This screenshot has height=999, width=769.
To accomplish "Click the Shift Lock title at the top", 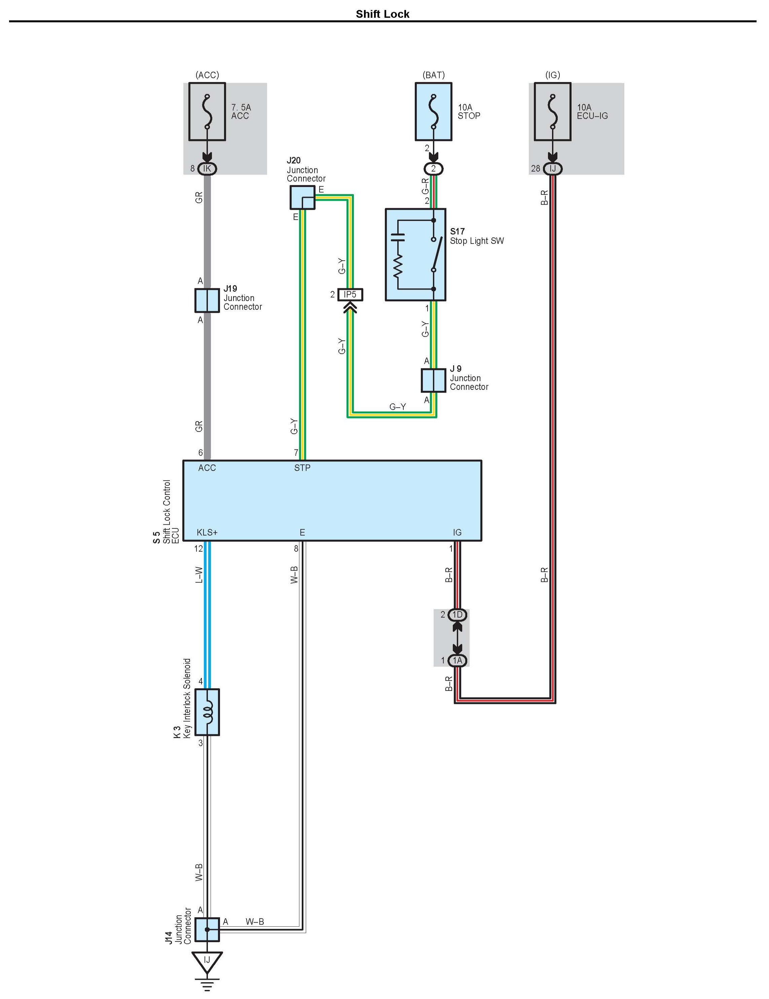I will click(x=382, y=14).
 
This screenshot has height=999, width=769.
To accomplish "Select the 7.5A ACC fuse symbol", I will click(x=207, y=112).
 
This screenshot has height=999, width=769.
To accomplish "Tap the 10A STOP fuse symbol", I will click(x=433, y=112).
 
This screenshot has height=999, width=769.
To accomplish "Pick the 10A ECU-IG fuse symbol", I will click(x=553, y=112).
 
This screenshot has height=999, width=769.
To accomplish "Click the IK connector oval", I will click(x=207, y=169).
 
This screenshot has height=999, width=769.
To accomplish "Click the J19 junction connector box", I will click(x=207, y=300).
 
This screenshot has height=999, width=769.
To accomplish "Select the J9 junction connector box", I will click(x=433, y=380).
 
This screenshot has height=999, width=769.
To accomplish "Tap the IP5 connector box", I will click(x=350, y=295).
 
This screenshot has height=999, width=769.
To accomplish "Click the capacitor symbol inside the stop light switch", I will click(x=398, y=237).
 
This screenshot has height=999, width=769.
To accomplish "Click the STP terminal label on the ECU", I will click(x=302, y=468).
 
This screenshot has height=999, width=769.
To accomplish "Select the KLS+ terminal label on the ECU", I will click(x=207, y=532).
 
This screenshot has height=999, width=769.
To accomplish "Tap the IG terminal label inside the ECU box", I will click(x=457, y=532).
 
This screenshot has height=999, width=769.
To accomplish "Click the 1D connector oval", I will click(x=457, y=615).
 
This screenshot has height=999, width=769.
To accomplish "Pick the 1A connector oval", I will click(x=457, y=661).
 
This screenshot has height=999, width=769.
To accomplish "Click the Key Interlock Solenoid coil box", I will click(x=207, y=712).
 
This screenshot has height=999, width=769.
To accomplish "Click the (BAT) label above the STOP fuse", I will click(x=434, y=75).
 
